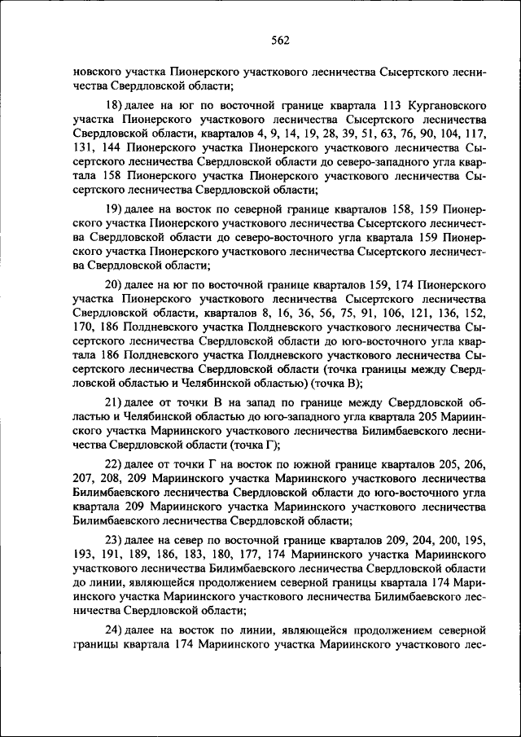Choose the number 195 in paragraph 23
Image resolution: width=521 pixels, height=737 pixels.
pyautogui.click(x=475, y=540)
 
